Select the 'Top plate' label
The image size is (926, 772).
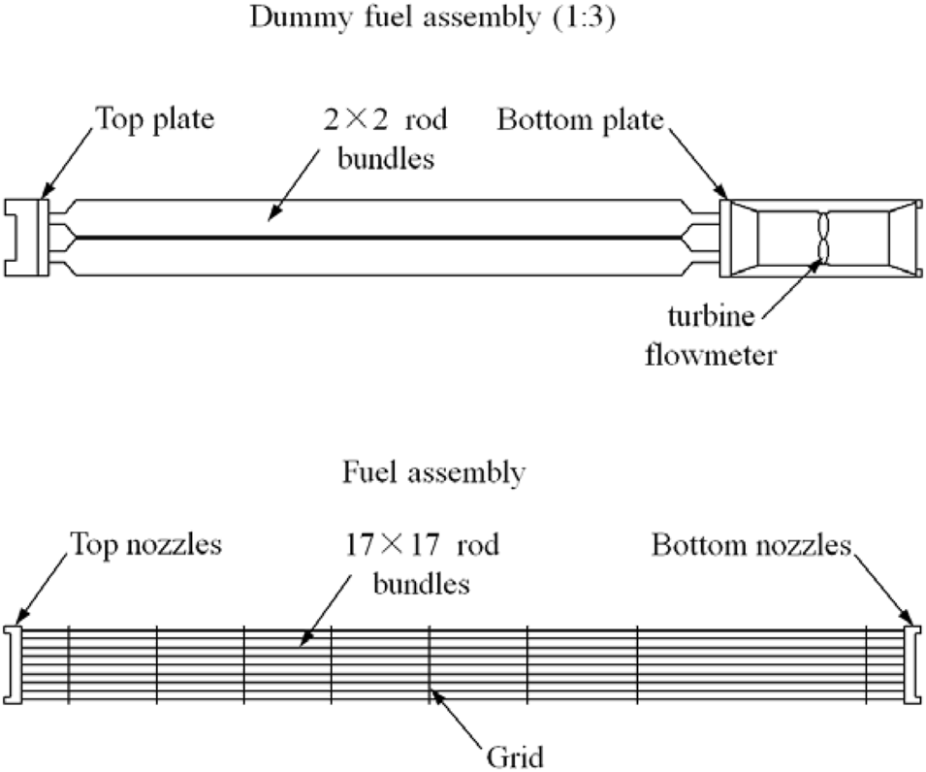[x=154, y=120]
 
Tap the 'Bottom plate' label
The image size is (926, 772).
[x=580, y=120]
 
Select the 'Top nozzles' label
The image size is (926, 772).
[x=145, y=545]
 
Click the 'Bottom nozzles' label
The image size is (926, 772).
[x=750, y=545]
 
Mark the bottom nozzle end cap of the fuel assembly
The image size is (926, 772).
[x=911, y=664]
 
